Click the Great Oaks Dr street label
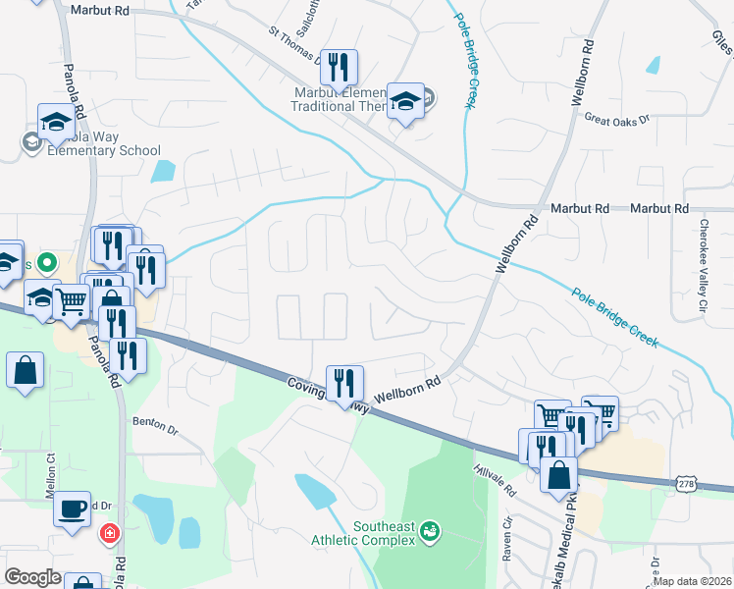pyautogui.click(x=617, y=119)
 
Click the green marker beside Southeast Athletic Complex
pyautogui.click(x=429, y=533)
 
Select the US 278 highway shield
pyautogui.click(x=688, y=483)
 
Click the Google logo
pyautogui.click(x=33, y=577)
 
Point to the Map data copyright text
pyautogui.click(x=693, y=582)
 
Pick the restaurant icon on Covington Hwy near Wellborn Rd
pyautogui.click(x=343, y=381)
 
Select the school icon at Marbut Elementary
pyautogui.click(x=404, y=101)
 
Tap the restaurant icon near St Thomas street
pyautogui.click(x=338, y=67)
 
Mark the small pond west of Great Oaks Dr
pyautogui.click(x=653, y=66)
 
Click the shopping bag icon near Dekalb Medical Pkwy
pyautogui.click(x=558, y=474)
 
